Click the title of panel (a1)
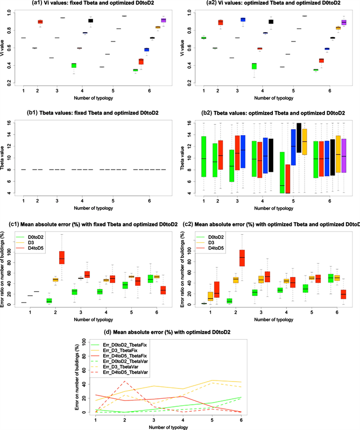pos(90,4)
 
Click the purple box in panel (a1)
pos(163,20)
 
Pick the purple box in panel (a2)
pos(344,23)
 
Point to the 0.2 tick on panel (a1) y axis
pos(9,83)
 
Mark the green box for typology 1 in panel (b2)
pos(203,157)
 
